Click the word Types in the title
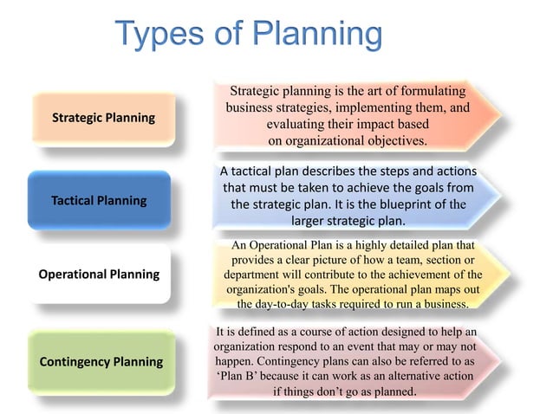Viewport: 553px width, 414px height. click(x=159, y=36)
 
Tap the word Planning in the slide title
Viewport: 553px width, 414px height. click(x=317, y=37)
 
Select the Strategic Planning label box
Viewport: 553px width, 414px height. click(x=103, y=118)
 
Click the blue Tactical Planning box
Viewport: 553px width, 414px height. click(x=99, y=200)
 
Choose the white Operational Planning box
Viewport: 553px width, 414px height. click(x=99, y=274)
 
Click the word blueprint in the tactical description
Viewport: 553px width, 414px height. click(x=395, y=204)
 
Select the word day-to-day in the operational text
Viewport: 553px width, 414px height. click(x=295, y=304)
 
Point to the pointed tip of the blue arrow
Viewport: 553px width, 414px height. click(x=500, y=196)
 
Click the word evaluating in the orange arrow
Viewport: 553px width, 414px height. click(x=296, y=124)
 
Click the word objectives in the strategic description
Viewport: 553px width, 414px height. click(x=389, y=139)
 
